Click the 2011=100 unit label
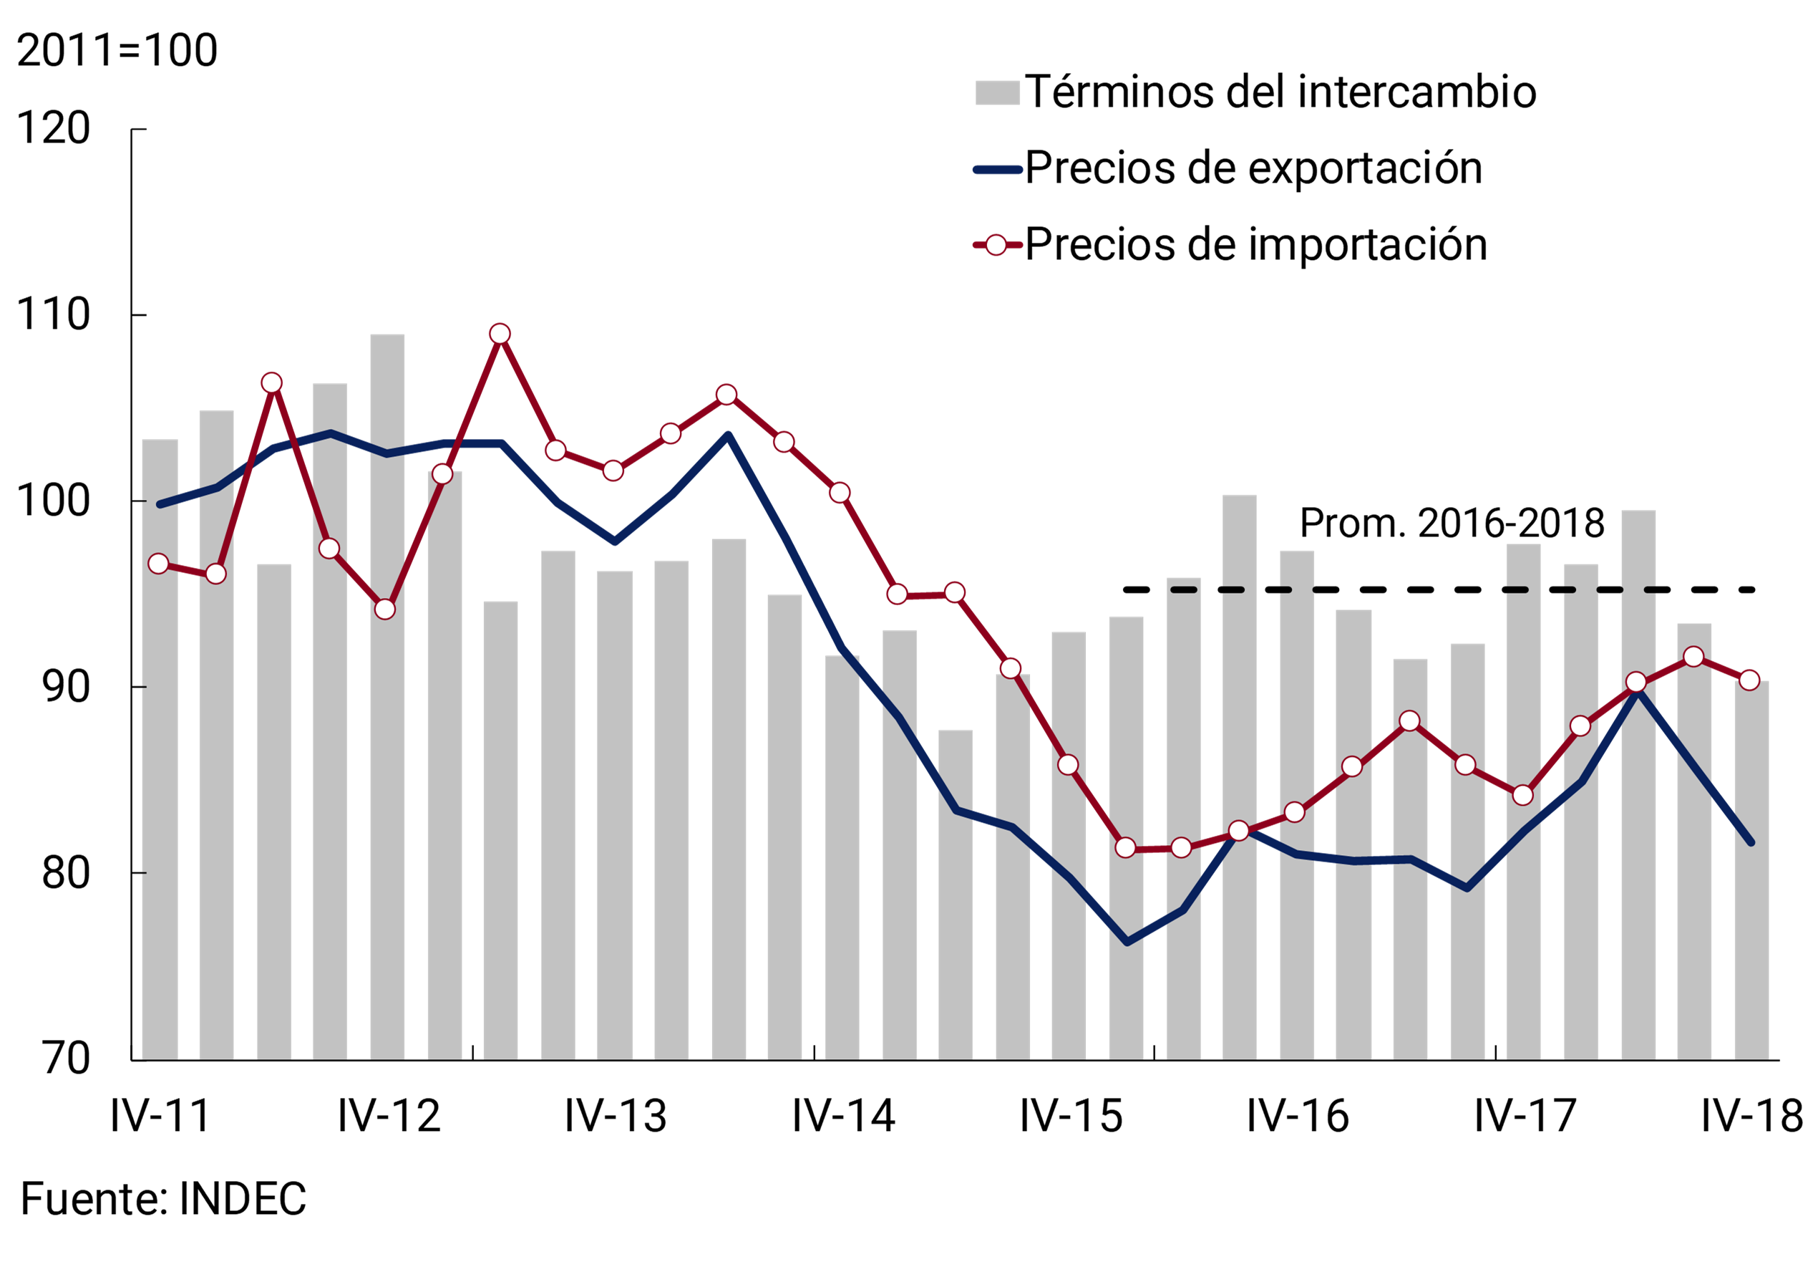(x=117, y=51)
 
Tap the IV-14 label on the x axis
(x=842, y=1116)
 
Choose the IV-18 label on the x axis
(x=1751, y=1116)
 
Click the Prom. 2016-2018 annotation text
(x=1452, y=524)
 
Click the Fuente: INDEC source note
(x=163, y=1198)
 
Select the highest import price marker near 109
(x=500, y=334)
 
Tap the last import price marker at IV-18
(x=1749, y=680)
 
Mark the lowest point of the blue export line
(x=1127, y=942)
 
